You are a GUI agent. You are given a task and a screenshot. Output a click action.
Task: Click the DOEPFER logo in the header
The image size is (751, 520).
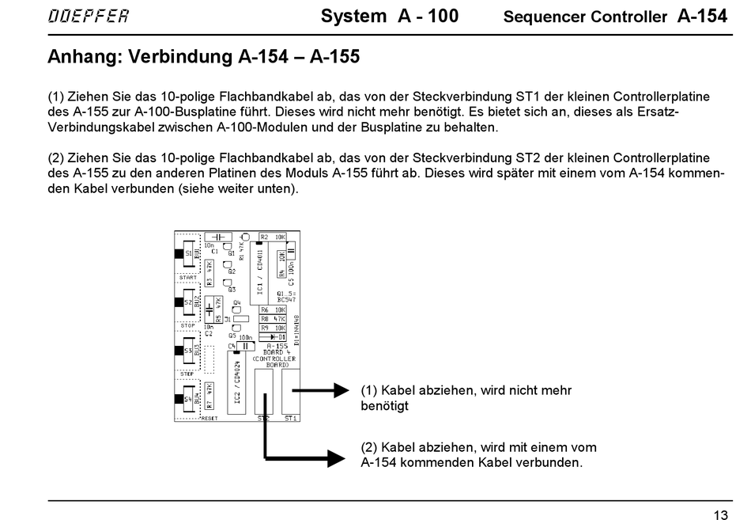click(x=88, y=17)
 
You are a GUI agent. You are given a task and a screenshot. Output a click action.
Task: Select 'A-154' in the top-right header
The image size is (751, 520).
click(x=702, y=16)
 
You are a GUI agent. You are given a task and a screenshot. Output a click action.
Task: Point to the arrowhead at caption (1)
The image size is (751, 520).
click(x=342, y=389)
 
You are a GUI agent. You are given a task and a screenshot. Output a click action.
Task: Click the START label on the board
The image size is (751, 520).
click(x=188, y=278)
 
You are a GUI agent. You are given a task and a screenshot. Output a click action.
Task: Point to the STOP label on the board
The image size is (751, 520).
click(x=187, y=325)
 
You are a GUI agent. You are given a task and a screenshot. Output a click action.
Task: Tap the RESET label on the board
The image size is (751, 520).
click(x=209, y=418)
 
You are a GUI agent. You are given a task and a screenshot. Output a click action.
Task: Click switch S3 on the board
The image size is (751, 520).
click(x=188, y=351)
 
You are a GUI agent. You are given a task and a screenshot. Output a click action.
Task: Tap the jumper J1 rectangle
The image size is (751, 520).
click(x=240, y=319)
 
